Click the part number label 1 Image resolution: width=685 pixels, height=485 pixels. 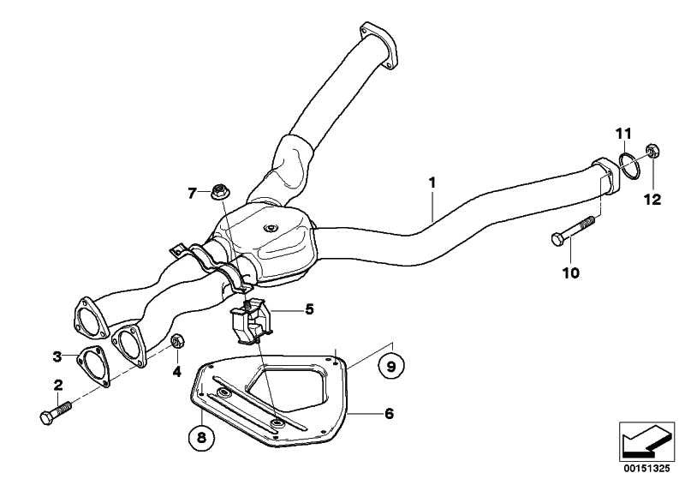click(432, 183)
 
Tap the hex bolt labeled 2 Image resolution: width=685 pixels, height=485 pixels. click(56, 412)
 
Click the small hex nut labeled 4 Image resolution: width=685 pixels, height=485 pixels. click(177, 341)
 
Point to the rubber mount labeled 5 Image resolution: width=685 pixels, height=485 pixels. click(251, 322)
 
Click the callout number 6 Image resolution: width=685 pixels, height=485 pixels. click(390, 413)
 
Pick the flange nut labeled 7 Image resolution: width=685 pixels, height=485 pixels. click(221, 192)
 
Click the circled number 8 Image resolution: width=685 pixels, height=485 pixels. click(201, 437)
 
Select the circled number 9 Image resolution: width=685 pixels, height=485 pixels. click(391, 366)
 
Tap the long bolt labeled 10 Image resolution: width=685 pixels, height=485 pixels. click(573, 229)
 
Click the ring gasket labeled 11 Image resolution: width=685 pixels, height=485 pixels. click(629, 165)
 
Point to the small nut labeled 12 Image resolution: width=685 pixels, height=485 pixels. click(652, 151)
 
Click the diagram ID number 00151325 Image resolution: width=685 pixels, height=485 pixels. click(646, 469)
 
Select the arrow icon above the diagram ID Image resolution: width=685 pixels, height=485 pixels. click(646, 441)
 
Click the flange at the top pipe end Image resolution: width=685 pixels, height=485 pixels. click(378, 45)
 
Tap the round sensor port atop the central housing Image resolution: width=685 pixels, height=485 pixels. click(271, 228)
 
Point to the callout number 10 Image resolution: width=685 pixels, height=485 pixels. click(571, 272)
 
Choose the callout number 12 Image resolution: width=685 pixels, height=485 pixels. click(652, 200)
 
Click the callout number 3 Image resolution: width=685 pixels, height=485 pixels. click(57, 356)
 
